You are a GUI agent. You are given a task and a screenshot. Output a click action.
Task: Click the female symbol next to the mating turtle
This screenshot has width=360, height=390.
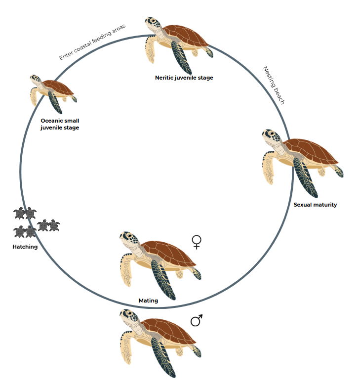[197, 242]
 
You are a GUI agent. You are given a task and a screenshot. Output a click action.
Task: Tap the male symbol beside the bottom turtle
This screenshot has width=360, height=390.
[197, 321]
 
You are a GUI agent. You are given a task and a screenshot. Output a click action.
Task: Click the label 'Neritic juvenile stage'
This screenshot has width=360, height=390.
[184, 78]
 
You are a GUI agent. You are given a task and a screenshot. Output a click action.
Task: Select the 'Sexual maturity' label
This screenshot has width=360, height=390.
[315, 205]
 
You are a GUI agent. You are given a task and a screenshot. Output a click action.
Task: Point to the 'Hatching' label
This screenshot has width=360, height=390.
[25, 247]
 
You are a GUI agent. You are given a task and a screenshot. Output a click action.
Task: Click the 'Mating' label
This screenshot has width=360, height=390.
[148, 301]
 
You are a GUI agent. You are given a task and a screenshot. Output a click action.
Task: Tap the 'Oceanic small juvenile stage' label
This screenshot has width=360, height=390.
[60, 124]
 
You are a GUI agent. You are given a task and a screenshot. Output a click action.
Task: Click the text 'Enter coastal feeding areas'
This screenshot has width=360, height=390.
[92, 42]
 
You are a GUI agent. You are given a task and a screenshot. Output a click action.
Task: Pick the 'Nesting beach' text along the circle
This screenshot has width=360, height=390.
[274, 86]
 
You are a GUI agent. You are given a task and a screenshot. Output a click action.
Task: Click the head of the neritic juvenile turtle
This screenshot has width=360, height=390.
[153, 23]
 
